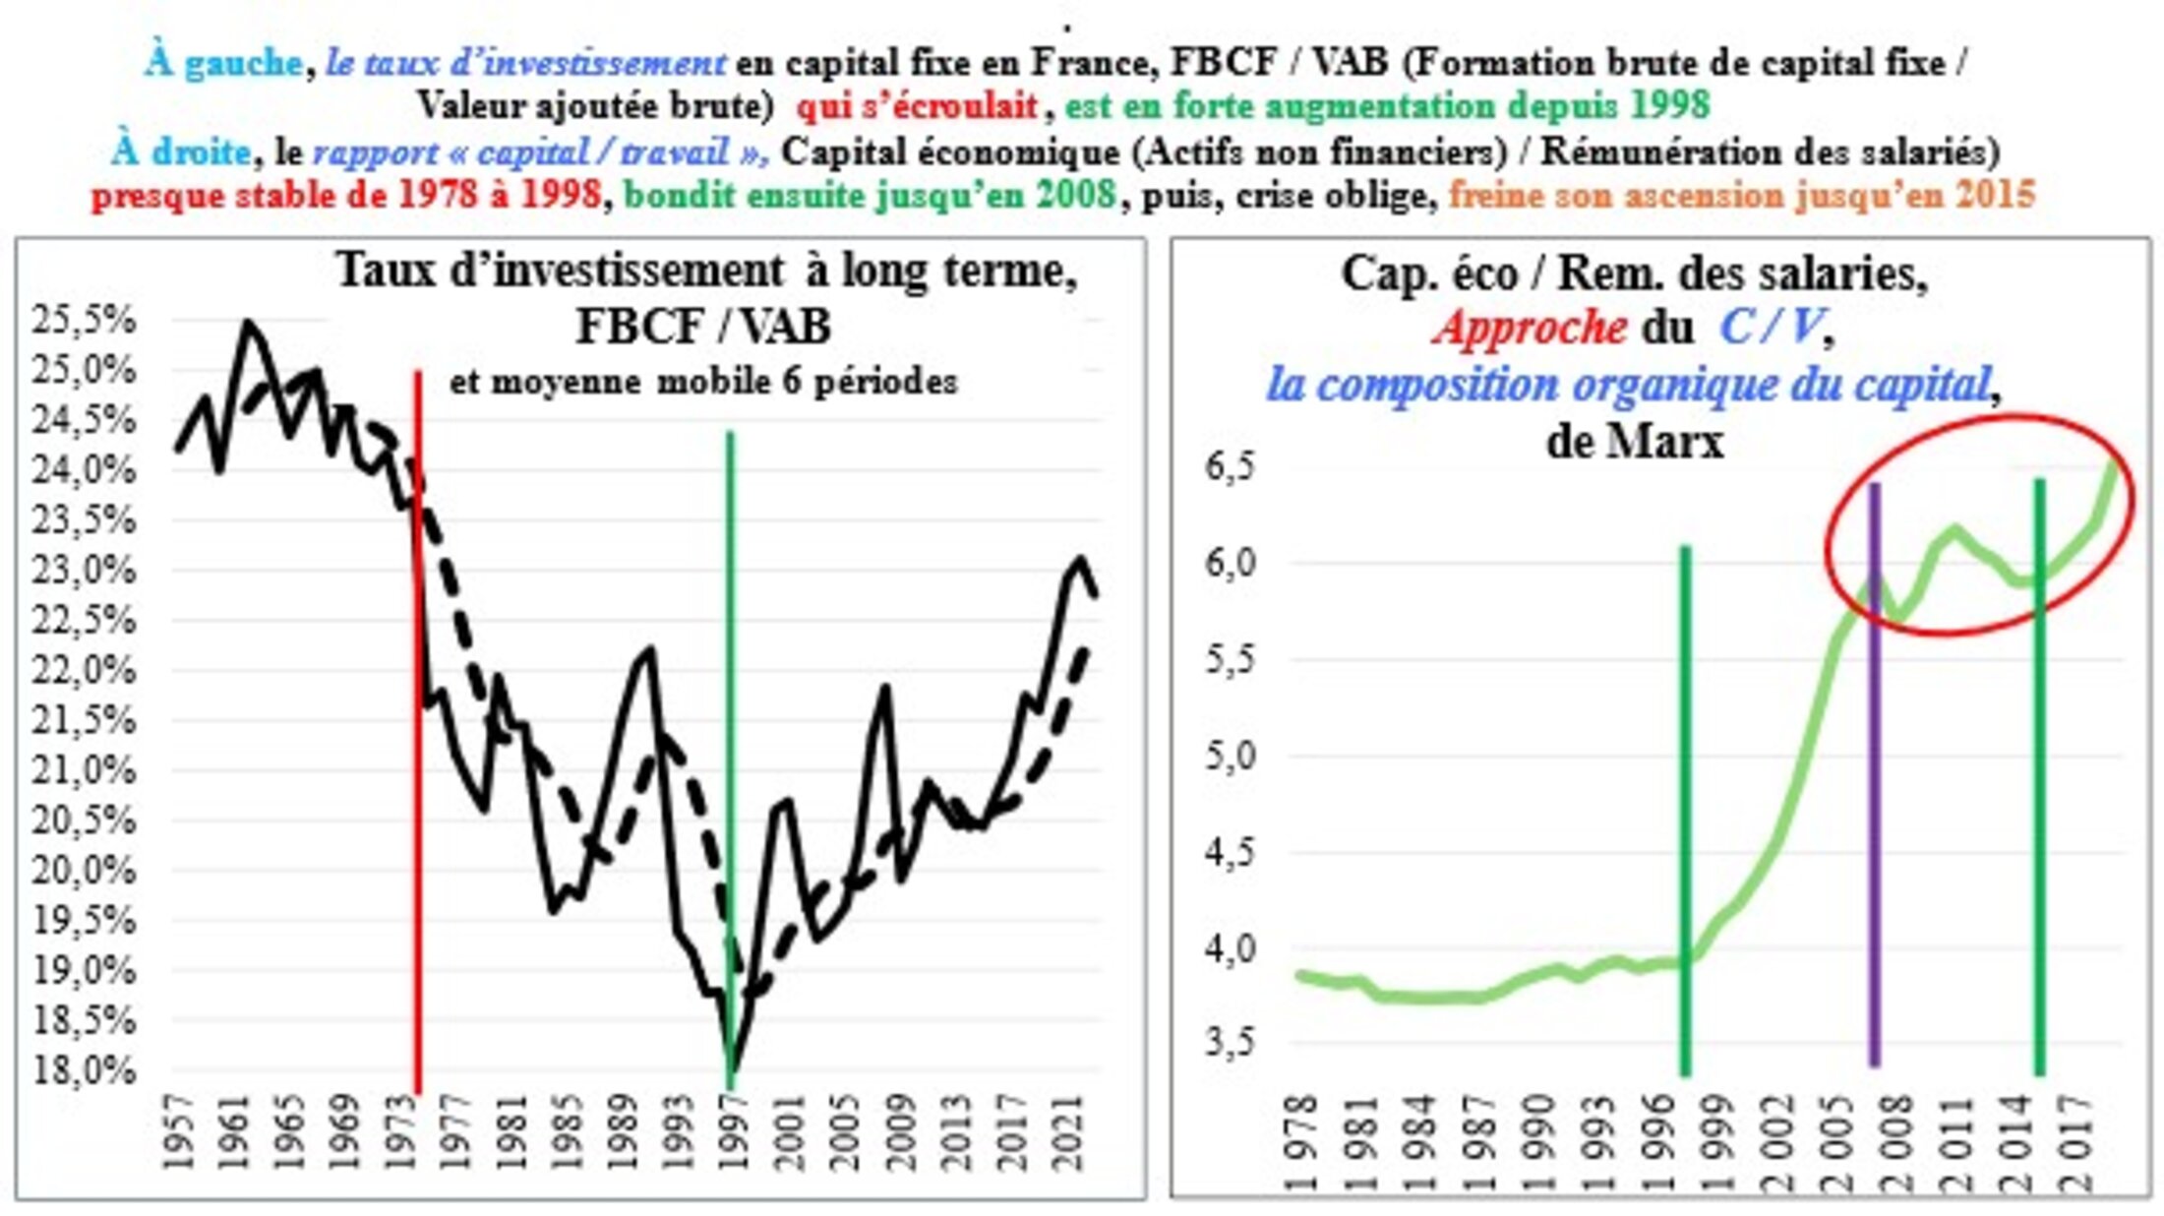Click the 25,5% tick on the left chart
(83, 321)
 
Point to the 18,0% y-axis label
(83, 1070)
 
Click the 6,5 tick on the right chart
(1231, 466)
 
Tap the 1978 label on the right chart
(1300, 1141)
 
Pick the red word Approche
(1531, 328)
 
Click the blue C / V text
(1771, 328)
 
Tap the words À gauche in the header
(223, 63)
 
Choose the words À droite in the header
(181, 152)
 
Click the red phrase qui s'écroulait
(917, 106)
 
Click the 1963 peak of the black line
(247, 322)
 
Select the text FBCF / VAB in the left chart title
(703, 327)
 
